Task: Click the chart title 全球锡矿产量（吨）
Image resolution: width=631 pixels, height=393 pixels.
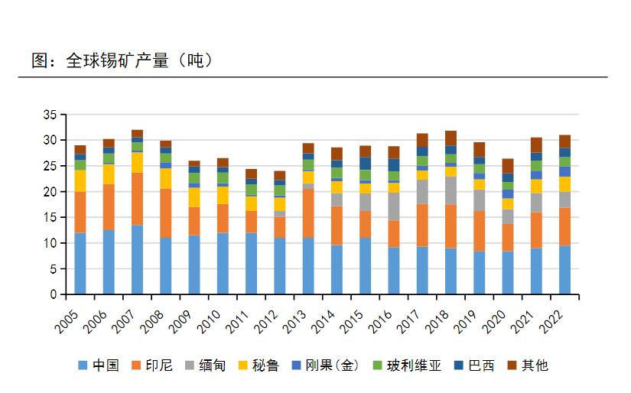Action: (x=122, y=60)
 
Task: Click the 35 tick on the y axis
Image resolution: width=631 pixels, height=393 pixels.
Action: (x=50, y=115)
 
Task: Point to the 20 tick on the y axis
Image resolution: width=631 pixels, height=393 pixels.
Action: (x=50, y=192)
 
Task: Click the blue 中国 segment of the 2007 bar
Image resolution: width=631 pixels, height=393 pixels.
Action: (x=137, y=260)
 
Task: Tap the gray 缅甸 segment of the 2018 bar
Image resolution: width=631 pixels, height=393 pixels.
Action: (x=450, y=190)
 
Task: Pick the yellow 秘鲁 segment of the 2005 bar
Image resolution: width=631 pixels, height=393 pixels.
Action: (x=80, y=181)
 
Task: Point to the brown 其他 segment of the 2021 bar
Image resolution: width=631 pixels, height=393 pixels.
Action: (x=536, y=145)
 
